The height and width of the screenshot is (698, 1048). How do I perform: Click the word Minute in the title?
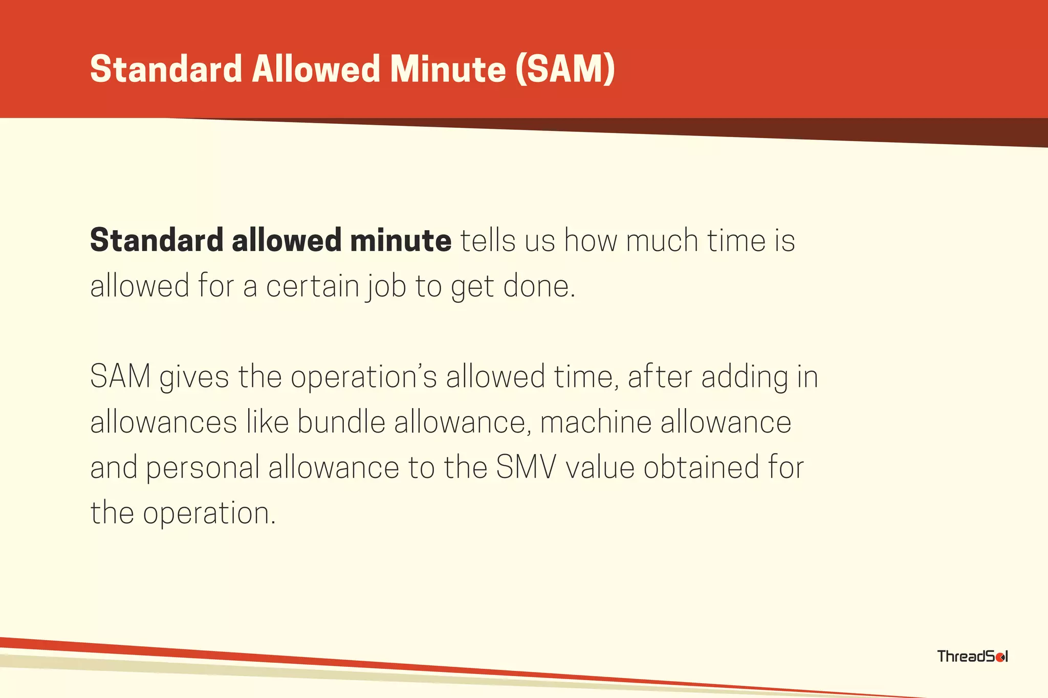point(448,69)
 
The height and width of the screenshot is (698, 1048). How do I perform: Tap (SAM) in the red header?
point(565,69)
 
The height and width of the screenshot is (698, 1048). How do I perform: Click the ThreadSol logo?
point(972,656)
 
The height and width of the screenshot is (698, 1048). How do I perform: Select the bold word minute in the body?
point(401,240)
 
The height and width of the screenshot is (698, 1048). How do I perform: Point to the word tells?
point(488,240)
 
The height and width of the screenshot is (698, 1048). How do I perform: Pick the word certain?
point(313,286)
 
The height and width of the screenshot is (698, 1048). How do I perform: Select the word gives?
point(194,377)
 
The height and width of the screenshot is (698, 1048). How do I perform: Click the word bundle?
point(341,422)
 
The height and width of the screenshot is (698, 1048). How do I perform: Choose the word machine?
point(596,422)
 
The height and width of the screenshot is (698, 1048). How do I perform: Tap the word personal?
point(203,468)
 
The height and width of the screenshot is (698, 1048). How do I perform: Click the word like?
point(268,422)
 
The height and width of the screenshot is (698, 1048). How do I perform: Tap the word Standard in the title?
point(166,69)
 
